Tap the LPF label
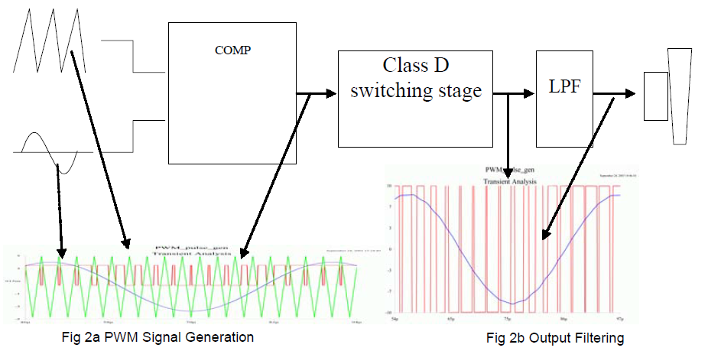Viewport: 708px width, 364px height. point(564,86)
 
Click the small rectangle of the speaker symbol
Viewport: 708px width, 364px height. point(655,96)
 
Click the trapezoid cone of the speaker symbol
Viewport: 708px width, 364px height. point(679,96)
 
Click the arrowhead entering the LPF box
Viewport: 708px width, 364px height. point(529,94)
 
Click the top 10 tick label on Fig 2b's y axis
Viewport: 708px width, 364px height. point(388,186)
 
